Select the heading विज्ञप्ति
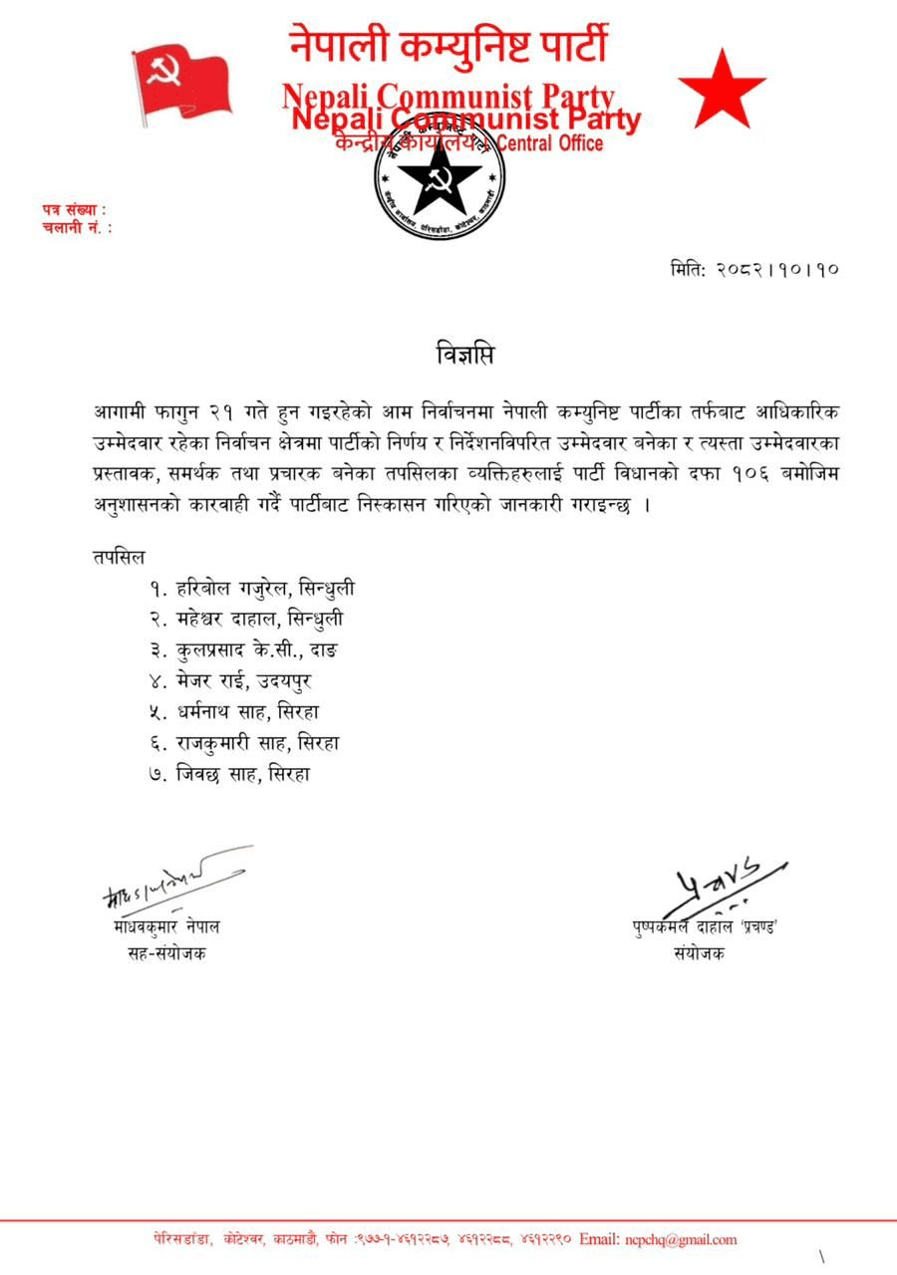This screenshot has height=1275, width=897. [x=465, y=355]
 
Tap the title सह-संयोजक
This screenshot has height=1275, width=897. [x=162, y=952]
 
